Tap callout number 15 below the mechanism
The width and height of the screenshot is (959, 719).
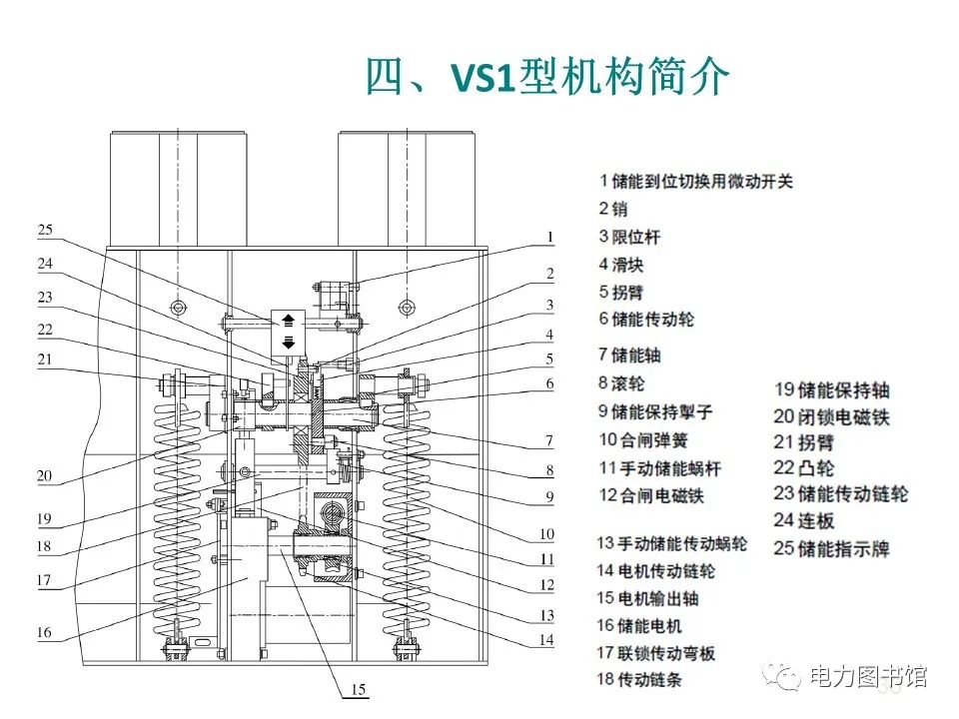357,688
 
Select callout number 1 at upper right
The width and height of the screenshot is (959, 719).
548,237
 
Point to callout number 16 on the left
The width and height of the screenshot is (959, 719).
44,632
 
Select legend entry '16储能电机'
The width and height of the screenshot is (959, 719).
639,625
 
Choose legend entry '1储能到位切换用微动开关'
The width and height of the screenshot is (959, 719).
696,182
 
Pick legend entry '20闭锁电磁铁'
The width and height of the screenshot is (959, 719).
831,416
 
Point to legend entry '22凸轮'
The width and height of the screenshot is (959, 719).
803,467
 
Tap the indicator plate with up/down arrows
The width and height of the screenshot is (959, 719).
288,330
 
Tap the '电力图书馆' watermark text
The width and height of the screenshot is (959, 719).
867,676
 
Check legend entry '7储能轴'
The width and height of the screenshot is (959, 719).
630,355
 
